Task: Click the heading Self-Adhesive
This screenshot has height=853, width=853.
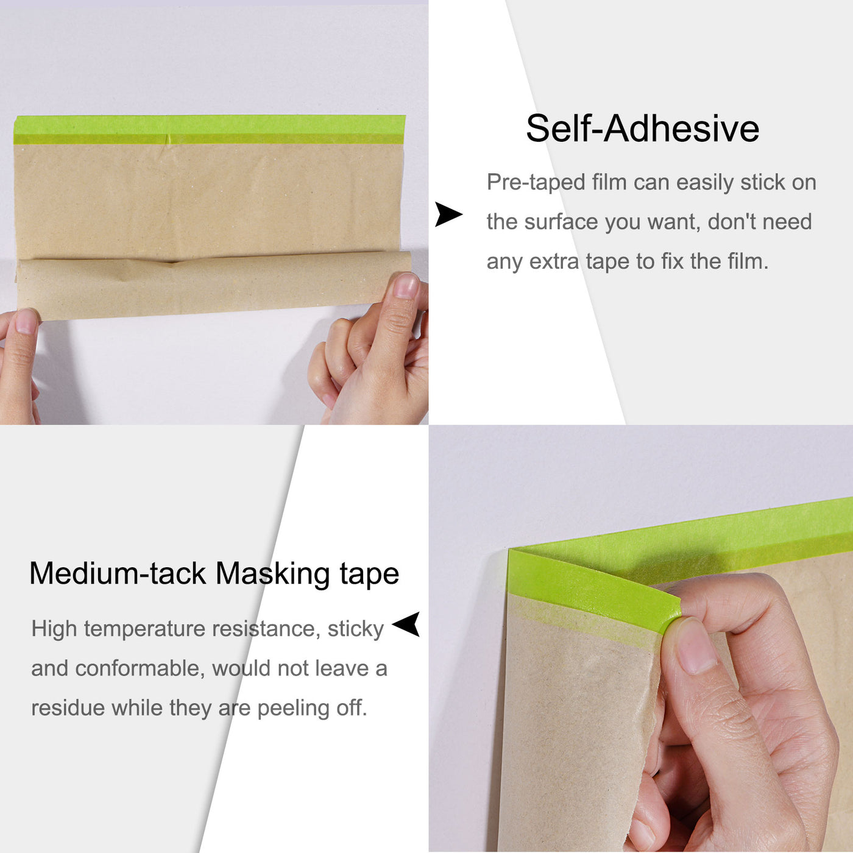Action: tap(642, 129)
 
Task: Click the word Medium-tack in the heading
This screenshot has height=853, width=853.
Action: tap(118, 574)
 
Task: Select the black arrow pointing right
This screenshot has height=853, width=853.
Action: tap(448, 214)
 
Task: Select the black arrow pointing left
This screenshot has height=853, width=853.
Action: tap(406, 625)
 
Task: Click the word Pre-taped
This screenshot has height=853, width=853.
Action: tap(536, 182)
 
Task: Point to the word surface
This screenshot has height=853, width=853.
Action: tap(561, 222)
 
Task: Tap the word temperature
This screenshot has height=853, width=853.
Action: tap(146, 629)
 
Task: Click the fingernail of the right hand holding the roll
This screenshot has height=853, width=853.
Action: tap(405, 286)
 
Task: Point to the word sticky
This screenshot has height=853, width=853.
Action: tap(355, 629)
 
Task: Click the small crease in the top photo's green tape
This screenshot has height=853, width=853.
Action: tap(168, 138)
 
